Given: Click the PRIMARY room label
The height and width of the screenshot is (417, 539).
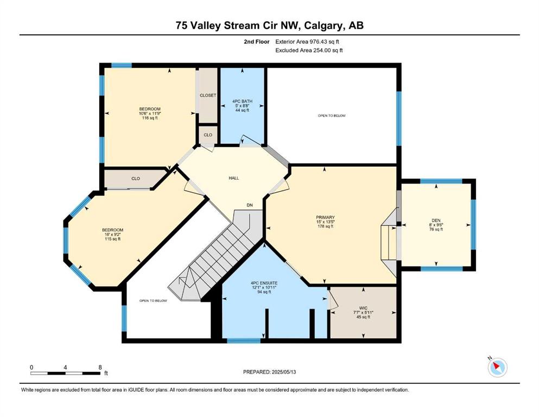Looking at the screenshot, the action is click(325, 217).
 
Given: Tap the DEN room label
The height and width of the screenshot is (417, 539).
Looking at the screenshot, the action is click(436, 220).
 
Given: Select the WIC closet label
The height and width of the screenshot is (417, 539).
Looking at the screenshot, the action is click(363, 308).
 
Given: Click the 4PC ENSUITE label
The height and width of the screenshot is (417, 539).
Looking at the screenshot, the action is click(264, 283).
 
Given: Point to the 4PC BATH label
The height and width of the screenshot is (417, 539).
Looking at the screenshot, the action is click(242, 101).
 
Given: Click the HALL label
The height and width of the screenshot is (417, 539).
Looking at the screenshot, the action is click(234, 178).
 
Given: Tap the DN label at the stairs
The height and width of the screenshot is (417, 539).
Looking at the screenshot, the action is click(250, 205).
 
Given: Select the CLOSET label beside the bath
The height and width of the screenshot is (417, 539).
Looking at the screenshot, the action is click(208, 95).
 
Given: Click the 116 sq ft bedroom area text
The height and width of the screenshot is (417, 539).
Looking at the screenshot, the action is click(150, 118).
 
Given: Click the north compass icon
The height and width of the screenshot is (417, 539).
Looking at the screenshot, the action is click(497, 367).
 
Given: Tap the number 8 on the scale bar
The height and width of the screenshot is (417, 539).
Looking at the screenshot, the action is click(100, 367).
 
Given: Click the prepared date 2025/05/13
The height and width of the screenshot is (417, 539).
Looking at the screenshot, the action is click(284, 372).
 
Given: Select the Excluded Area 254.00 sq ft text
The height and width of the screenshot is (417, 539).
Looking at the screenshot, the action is click(309, 50).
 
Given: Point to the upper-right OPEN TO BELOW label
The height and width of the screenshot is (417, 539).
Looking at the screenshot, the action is click(332, 116).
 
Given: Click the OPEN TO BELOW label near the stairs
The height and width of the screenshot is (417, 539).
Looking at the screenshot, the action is click(153, 301).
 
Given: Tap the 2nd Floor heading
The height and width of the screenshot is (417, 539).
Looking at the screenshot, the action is click(256, 42).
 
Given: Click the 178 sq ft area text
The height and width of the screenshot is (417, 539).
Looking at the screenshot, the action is click(325, 226).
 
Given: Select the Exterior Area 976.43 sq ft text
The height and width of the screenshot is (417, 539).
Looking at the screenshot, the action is click(307, 42).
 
